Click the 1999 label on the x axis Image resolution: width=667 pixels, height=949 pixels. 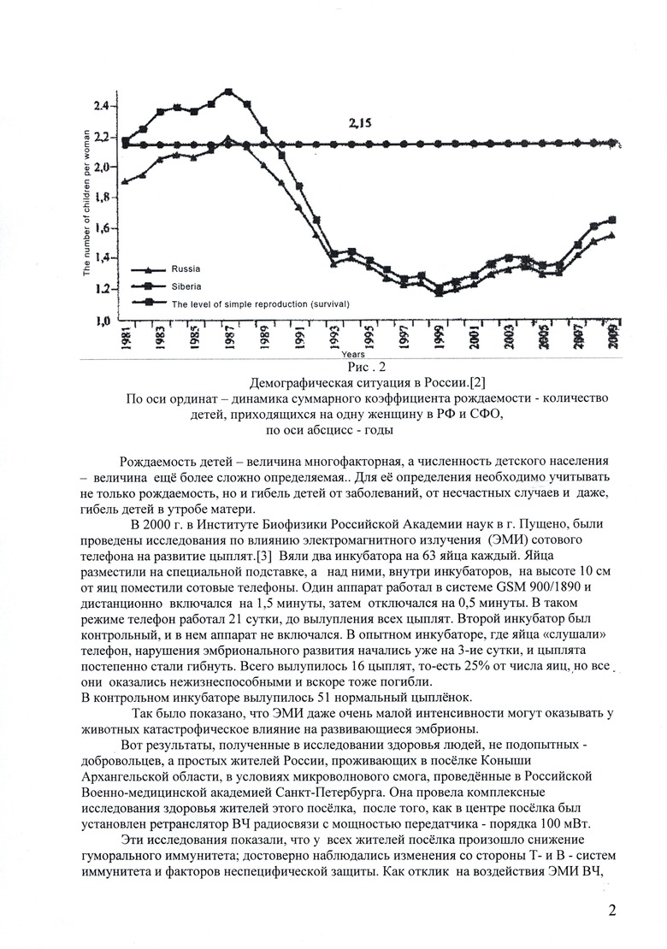[x=439, y=337]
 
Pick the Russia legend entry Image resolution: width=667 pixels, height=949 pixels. [x=186, y=268]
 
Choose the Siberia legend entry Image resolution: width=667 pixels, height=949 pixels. [x=187, y=286]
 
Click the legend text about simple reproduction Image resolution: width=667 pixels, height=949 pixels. [x=261, y=304]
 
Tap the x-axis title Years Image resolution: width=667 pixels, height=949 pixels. [x=353, y=352]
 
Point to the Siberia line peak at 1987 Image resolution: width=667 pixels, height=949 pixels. [x=228, y=91]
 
